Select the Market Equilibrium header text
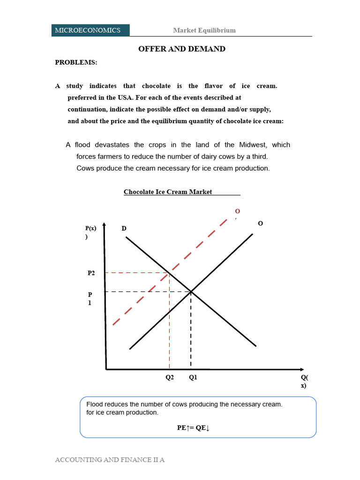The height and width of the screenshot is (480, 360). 204,30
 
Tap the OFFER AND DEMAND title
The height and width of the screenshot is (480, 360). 182,49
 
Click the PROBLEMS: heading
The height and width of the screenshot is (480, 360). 76,62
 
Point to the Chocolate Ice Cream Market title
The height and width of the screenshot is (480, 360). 168,192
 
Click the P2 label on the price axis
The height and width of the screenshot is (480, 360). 91,273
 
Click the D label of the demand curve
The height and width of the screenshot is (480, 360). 124,228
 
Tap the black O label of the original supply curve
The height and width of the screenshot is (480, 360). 261,224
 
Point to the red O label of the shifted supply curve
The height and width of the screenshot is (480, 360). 237,212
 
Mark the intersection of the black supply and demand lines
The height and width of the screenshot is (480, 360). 191,292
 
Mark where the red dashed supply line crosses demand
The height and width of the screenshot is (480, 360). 169,272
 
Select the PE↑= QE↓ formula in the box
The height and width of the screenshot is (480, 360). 193,427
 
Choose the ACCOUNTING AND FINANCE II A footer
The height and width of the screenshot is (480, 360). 110,460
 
